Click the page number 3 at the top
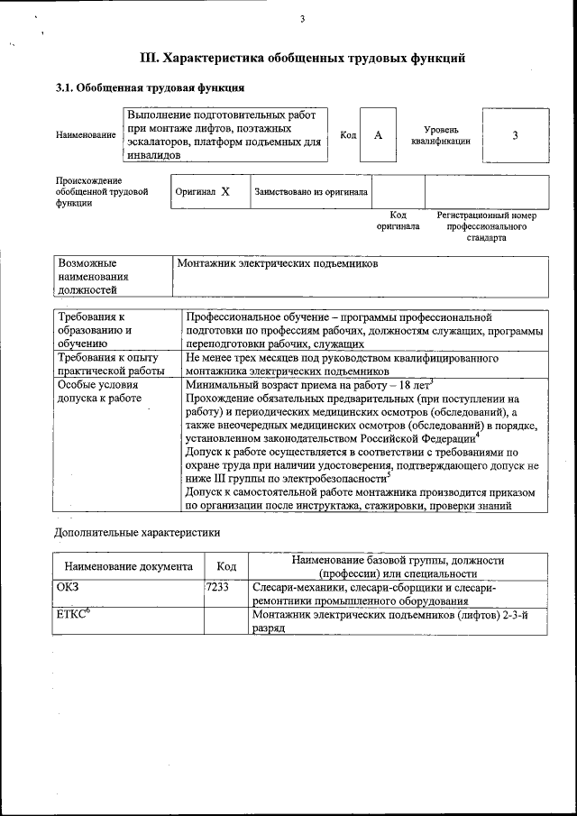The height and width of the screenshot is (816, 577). tap(303, 20)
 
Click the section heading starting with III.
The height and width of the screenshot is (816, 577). tap(303, 59)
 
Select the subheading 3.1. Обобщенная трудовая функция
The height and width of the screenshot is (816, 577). tap(150, 88)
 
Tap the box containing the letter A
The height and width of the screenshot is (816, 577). tap(379, 135)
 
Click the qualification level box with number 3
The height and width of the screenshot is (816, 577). tap(515, 135)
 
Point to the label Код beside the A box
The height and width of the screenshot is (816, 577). tap(348, 135)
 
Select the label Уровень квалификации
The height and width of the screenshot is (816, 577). tap(441, 135)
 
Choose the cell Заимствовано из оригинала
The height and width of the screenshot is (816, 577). tap(311, 192)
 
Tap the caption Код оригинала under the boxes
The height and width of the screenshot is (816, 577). tap(398, 221)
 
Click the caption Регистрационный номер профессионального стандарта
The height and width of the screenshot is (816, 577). tap(486, 226)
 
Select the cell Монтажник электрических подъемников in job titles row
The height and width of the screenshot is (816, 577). tap(278, 264)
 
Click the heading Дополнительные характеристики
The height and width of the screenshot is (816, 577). tap(137, 533)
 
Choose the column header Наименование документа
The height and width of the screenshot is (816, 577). tap(128, 566)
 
